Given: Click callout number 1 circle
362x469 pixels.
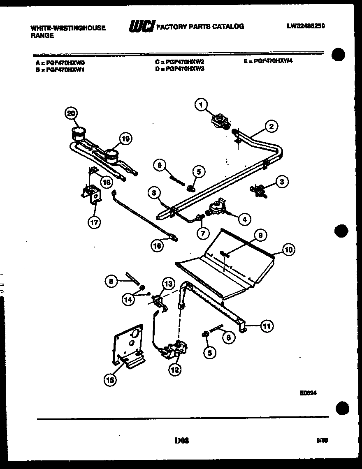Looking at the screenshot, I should tap(201, 106).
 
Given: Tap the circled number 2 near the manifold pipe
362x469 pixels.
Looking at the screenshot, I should tap(271, 127).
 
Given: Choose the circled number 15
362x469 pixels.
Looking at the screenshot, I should tap(109, 380).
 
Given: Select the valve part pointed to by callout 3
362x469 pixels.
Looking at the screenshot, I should tap(258, 189).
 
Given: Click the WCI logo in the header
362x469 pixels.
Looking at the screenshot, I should tap(142, 27).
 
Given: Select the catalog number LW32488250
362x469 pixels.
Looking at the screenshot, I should tap(306, 26).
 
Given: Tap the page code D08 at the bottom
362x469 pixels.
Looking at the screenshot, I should tap(181, 440).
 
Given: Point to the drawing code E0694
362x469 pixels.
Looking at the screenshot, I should tap(308, 393).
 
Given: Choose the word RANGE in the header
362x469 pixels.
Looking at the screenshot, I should tap(42, 35).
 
